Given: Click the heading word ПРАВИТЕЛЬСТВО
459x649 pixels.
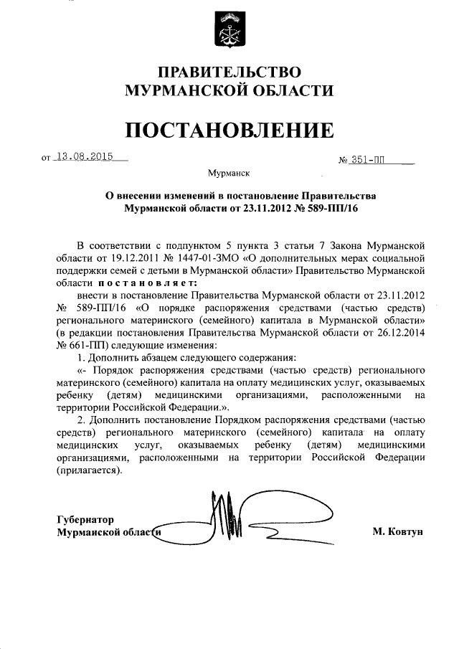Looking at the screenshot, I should [229, 72].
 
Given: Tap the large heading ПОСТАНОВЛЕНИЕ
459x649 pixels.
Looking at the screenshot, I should [229, 130].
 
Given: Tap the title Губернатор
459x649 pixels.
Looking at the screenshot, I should [85, 519].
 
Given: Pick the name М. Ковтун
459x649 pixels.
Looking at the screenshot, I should [398, 531].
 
